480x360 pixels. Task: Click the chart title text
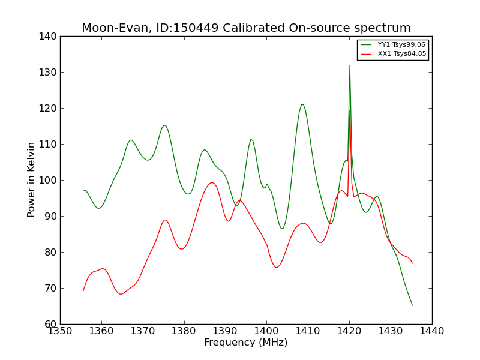[x=246, y=28]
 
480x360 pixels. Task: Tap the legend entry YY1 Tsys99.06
[x=401, y=45]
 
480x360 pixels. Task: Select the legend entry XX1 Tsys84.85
[x=401, y=54]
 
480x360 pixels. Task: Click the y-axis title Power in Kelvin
[x=31, y=180]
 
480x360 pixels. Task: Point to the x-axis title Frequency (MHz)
[x=245, y=343]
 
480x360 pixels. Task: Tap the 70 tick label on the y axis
[x=50, y=289]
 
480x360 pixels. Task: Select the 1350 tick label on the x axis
[x=60, y=331]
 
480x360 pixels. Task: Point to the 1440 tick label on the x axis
[x=431, y=331]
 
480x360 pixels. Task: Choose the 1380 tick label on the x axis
[x=184, y=331]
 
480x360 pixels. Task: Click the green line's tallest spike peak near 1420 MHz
[x=350, y=66]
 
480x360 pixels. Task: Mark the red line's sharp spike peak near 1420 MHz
[x=350, y=110]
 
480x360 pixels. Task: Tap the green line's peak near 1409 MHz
[x=302, y=104]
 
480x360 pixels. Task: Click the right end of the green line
[x=412, y=305]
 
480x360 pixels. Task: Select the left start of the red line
[x=83, y=290]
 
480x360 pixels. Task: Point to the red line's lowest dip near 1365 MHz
[x=121, y=294]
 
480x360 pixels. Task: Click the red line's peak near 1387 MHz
[x=212, y=182]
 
